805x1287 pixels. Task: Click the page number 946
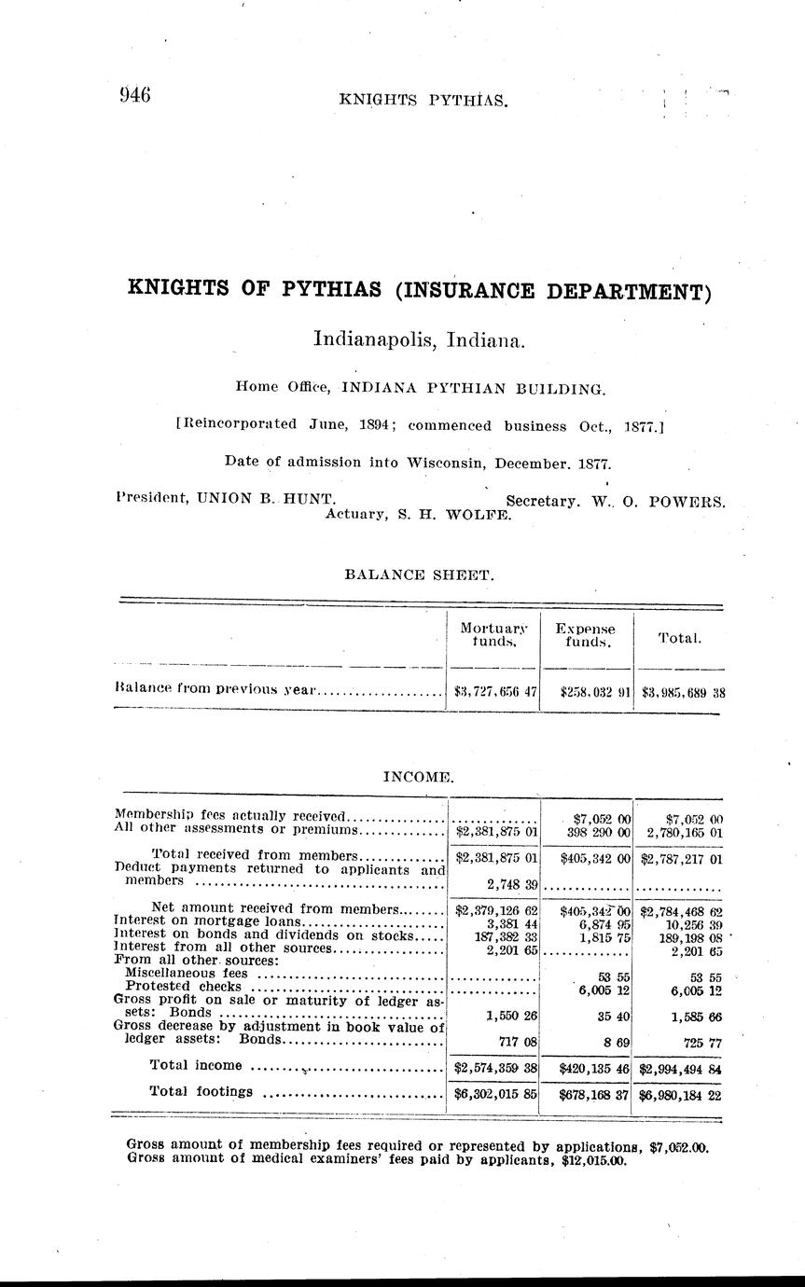tap(135, 94)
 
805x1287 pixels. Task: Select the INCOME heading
tap(419, 776)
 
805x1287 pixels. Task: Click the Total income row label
tap(196, 1065)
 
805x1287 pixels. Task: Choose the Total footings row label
tap(201, 1091)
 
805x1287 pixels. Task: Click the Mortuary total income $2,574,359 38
tap(495, 1067)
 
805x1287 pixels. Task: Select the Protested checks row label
tap(183, 986)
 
